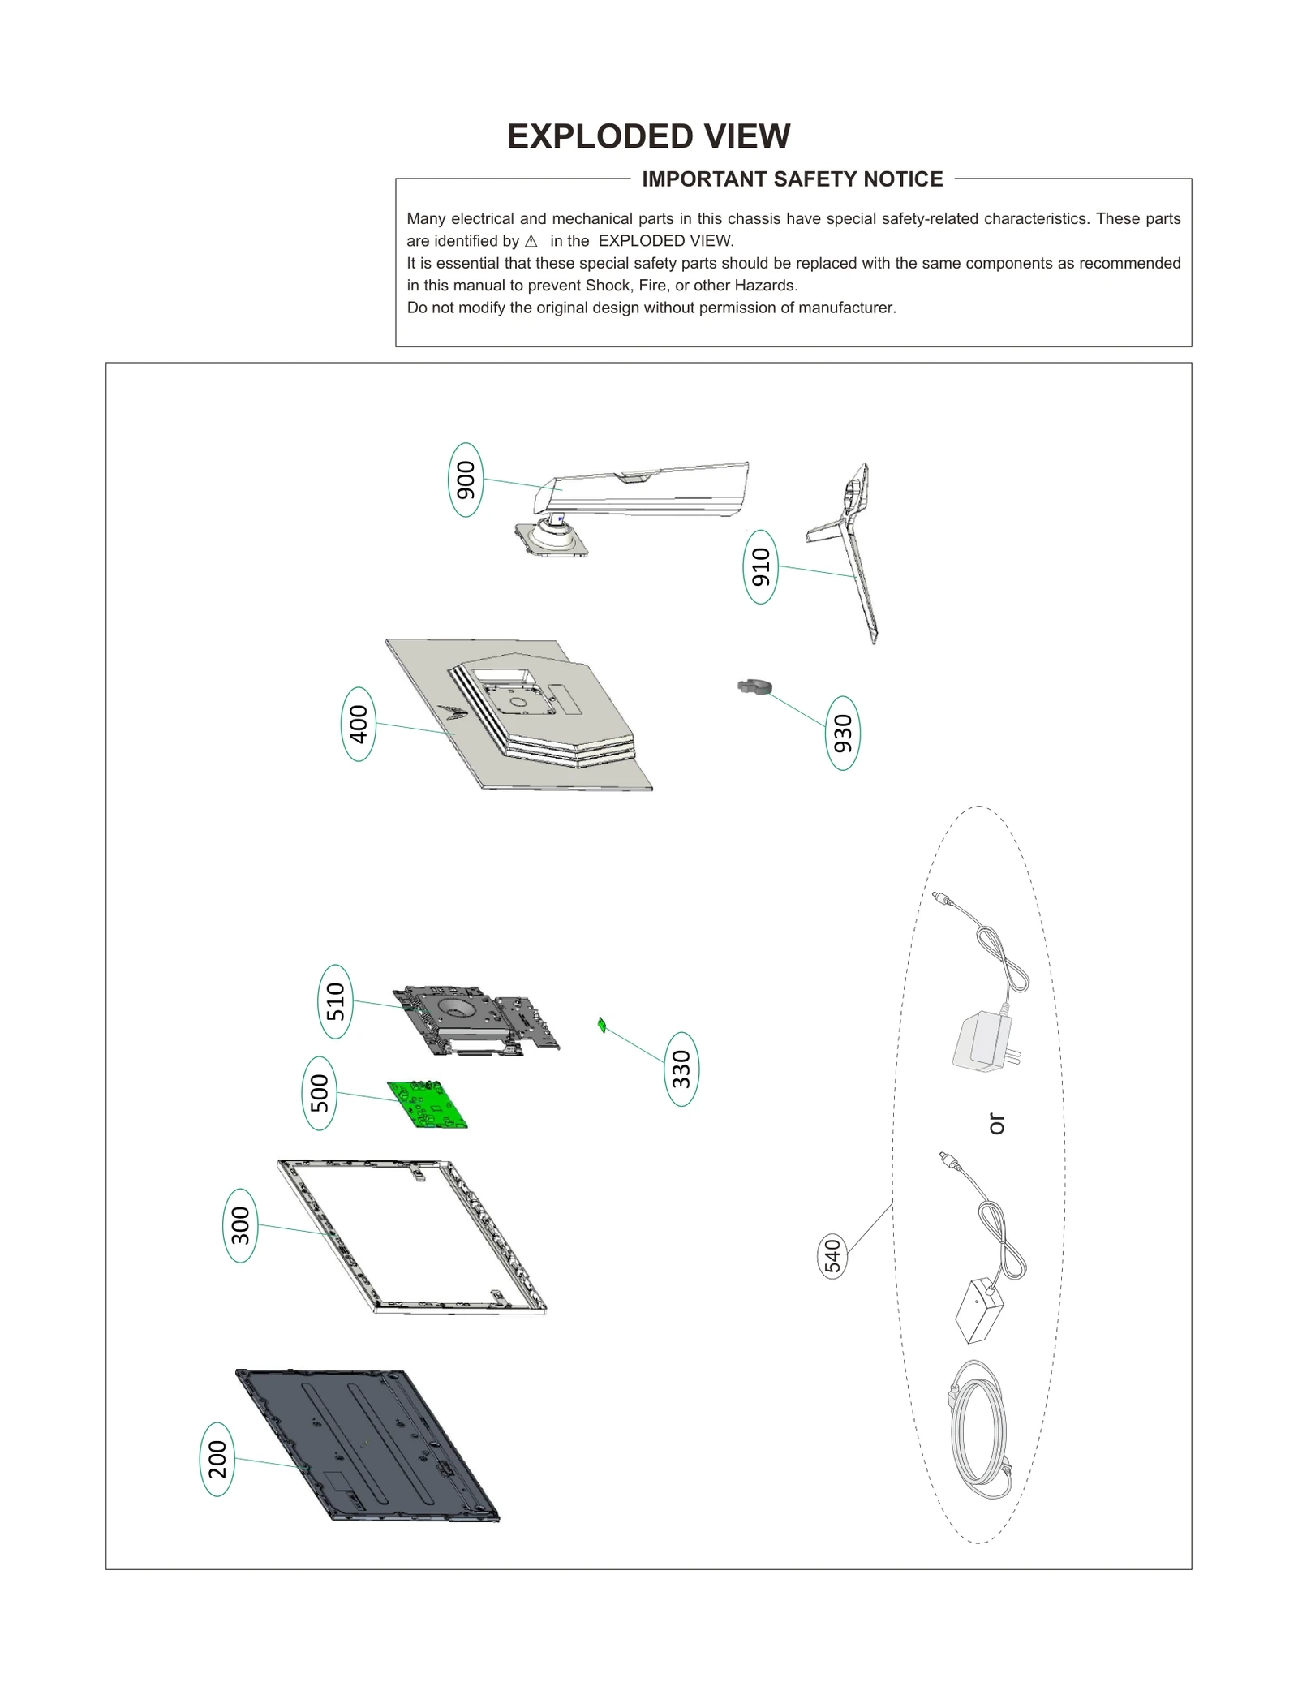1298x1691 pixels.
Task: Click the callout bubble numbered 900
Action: pyautogui.click(x=466, y=480)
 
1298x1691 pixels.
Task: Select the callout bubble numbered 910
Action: pyautogui.click(x=760, y=566)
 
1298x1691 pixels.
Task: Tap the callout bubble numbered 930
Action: pyautogui.click(x=842, y=733)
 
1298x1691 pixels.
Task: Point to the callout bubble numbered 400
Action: pyautogui.click(x=358, y=724)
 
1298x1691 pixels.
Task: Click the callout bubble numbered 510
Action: pyautogui.click(x=335, y=1001)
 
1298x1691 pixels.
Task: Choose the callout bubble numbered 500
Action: pyautogui.click(x=320, y=1093)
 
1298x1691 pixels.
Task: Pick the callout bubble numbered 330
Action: pyautogui.click(x=681, y=1069)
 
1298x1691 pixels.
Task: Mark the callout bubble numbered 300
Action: pyautogui.click(x=240, y=1225)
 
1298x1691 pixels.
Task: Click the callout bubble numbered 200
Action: pyautogui.click(x=217, y=1459)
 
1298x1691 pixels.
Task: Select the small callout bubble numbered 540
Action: pyautogui.click(x=832, y=1255)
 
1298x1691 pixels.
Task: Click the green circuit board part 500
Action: pyautogui.click(x=428, y=1104)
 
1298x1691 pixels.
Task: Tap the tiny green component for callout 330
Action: pyautogui.click(x=602, y=1025)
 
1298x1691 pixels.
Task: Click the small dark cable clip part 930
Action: pyautogui.click(x=754, y=687)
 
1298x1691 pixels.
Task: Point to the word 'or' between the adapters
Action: pyautogui.click(x=996, y=1124)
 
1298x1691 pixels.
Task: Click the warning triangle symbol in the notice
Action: pyautogui.click(x=531, y=242)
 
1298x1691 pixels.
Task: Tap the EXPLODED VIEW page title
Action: pyautogui.click(x=648, y=136)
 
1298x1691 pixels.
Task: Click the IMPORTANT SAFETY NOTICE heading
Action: pyautogui.click(x=792, y=179)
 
